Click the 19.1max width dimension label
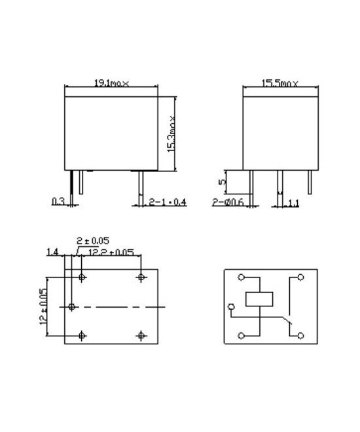(111, 83)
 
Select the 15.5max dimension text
(280, 83)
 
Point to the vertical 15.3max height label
(171, 134)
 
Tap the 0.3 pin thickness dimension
(58, 202)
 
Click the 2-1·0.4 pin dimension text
(168, 202)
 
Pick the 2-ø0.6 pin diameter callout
(228, 202)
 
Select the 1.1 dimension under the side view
(293, 203)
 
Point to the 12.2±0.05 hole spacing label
(111, 252)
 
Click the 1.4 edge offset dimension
(52, 252)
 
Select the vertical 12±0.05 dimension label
(43, 306)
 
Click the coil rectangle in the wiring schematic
(259, 298)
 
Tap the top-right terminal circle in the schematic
(300, 278)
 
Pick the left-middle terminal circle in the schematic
(230, 306)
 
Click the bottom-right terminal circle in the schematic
(300, 335)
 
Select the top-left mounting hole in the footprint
(82, 278)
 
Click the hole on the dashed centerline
(72, 306)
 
